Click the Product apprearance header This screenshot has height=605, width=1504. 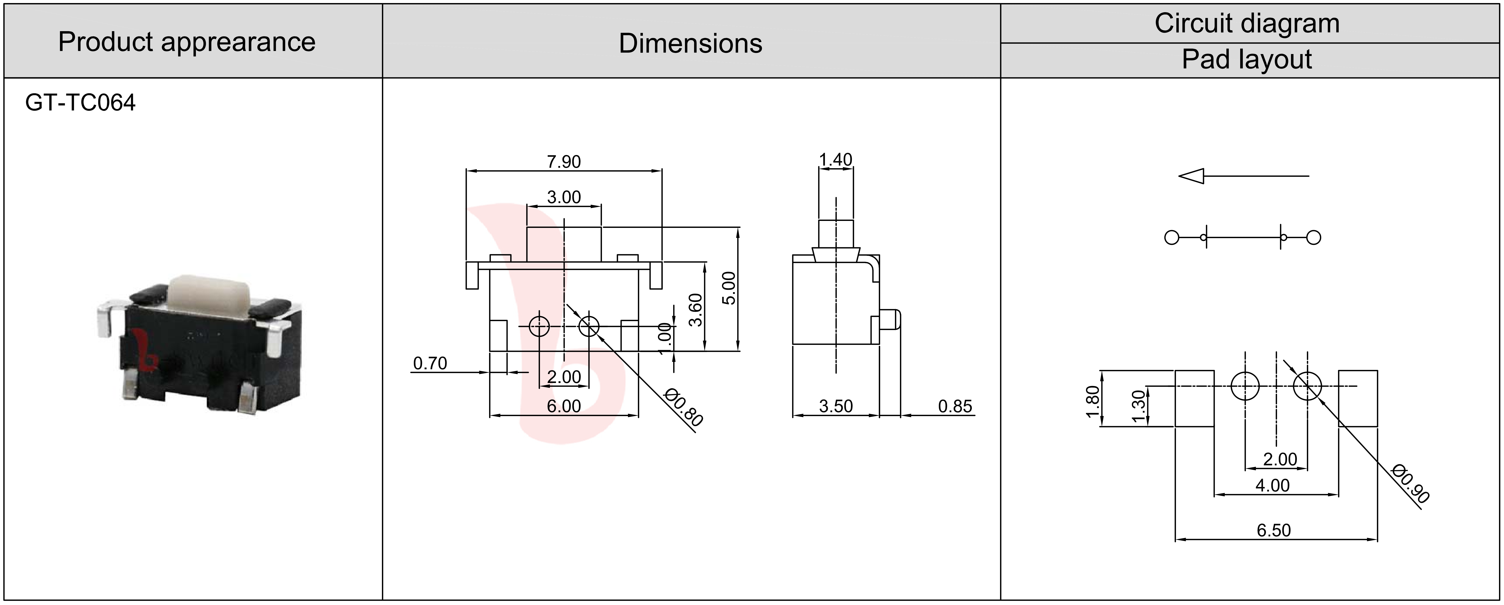[x=187, y=42]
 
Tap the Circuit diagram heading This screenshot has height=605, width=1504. [x=1247, y=23]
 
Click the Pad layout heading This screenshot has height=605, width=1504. [x=1247, y=59]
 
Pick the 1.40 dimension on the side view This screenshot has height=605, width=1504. [x=835, y=159]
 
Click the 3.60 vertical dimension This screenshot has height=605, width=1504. [x=695, y=310]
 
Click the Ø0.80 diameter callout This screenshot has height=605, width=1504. [x=684, y=407]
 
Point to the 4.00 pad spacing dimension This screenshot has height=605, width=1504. [x=1273, y=485]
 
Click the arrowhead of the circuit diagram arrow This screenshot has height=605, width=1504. [x=1191, y=176]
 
